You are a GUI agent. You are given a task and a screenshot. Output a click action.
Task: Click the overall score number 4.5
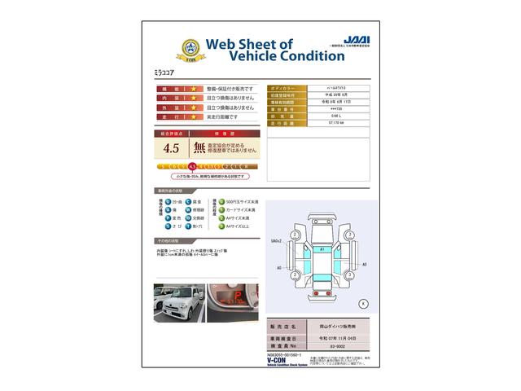[x=171, y=148]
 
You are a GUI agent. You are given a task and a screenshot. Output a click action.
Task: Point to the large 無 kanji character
[x=199, y=148]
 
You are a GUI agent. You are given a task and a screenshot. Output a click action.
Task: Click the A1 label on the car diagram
[x=322, y=248]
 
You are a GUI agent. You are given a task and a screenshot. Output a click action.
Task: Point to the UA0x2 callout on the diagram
[x=276, y=240]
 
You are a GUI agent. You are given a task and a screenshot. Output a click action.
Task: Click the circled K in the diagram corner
[x=362, y=303]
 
